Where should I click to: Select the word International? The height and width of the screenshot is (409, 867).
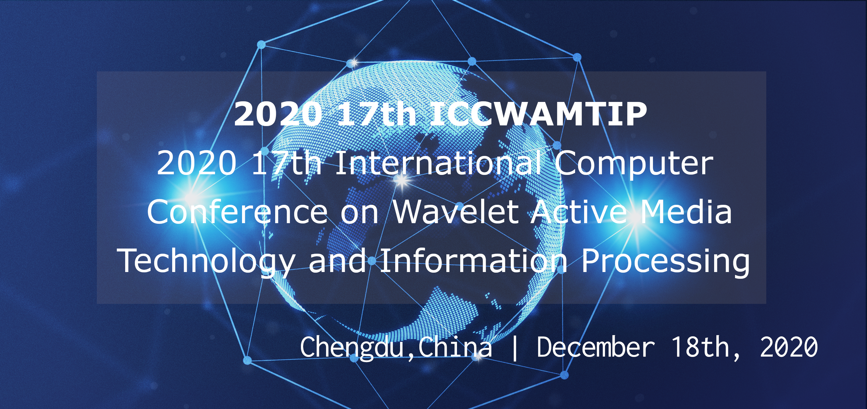(x=438, y=163)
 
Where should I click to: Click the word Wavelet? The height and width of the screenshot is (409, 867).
(x=456, y=212)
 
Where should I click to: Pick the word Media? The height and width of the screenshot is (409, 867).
(x=685, y=212)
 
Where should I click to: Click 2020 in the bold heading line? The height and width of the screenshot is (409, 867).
(x=278, y=114)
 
